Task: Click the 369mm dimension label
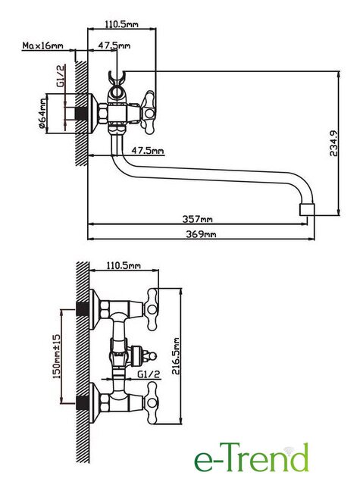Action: point(201,234)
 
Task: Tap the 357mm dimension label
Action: point(197,219)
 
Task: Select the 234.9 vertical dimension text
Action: point(333,143)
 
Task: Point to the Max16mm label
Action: point(42,45)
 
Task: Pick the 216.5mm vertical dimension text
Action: point(176,356)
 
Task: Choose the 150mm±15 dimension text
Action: point(56,356)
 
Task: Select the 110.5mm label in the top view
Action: point(121,24)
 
